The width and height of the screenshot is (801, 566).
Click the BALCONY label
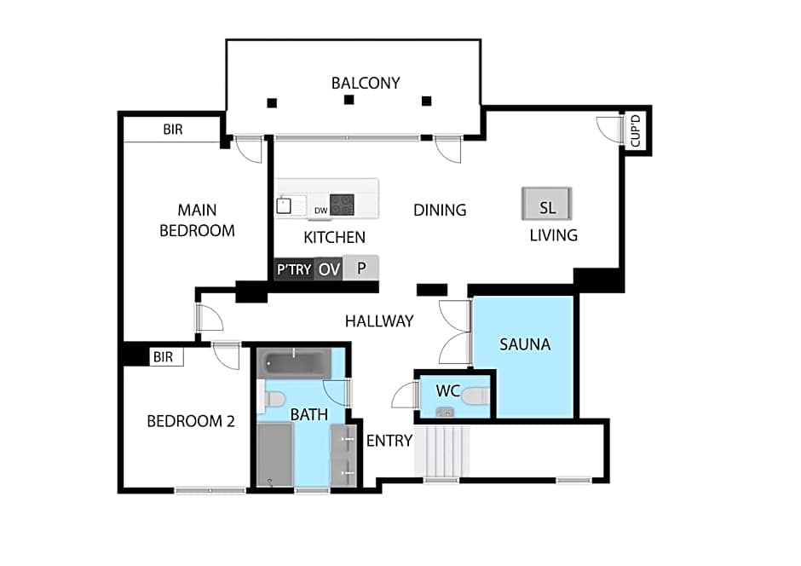(366, 83)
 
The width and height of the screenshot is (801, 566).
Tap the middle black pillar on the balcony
(349, 101)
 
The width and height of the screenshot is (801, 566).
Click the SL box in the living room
(547, 207)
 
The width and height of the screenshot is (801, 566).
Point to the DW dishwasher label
(321, 211)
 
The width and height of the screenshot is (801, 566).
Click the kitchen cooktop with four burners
(343, 205)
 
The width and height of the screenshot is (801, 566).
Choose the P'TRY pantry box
(294, 269)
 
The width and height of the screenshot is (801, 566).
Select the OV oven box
(329, 269)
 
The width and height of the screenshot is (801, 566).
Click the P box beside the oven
(361, 269)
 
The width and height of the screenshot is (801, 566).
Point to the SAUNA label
(525, 344)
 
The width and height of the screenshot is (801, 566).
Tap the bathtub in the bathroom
(294, 364)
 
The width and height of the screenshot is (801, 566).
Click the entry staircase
(442, 451)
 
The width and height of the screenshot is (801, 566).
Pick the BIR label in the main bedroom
(178, 130)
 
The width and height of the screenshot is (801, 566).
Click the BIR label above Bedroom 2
(163, 357)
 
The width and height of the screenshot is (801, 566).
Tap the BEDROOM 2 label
(191, 420)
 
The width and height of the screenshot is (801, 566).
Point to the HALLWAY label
(379, 321)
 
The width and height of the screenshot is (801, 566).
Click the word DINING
(440, 210)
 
